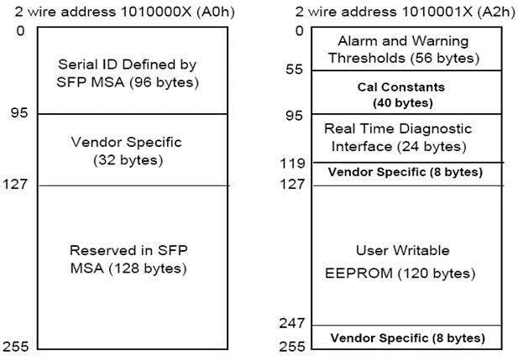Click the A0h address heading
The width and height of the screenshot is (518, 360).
[x=124, y=12]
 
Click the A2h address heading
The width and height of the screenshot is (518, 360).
[x=406, y=12]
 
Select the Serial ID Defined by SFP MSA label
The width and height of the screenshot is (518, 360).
[x=128, y=73]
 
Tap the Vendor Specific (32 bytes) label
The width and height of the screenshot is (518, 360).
[x=127, y=151]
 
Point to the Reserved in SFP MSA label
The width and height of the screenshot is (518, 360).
[x=128, y=259]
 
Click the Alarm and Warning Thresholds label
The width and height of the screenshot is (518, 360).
[x=403, y=50]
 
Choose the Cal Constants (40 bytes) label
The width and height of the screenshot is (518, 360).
[x=401, y=95]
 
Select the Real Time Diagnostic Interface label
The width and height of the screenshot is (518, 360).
[x=399, y=138]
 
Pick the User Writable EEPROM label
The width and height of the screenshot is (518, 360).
[x=400, y=262]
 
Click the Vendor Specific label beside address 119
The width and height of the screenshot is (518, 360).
[x=406, y=172]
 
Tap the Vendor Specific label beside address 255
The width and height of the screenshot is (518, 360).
[x=408, y=338]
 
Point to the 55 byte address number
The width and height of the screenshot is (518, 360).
[x=294, y=70]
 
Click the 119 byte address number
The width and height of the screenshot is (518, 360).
[x=293, y=163]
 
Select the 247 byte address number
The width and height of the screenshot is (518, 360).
[x=293, y=323]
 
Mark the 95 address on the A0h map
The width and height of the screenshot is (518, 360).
[x=19, y=113]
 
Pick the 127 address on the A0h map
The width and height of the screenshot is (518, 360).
[x=15, y=184]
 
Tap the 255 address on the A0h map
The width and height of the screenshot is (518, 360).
[x=15, y=347]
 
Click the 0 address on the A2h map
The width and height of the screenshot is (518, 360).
[x=300, y=31]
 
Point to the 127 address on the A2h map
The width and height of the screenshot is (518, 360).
[x=293, y=184]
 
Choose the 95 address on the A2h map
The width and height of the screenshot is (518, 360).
[x=294, y=115]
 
